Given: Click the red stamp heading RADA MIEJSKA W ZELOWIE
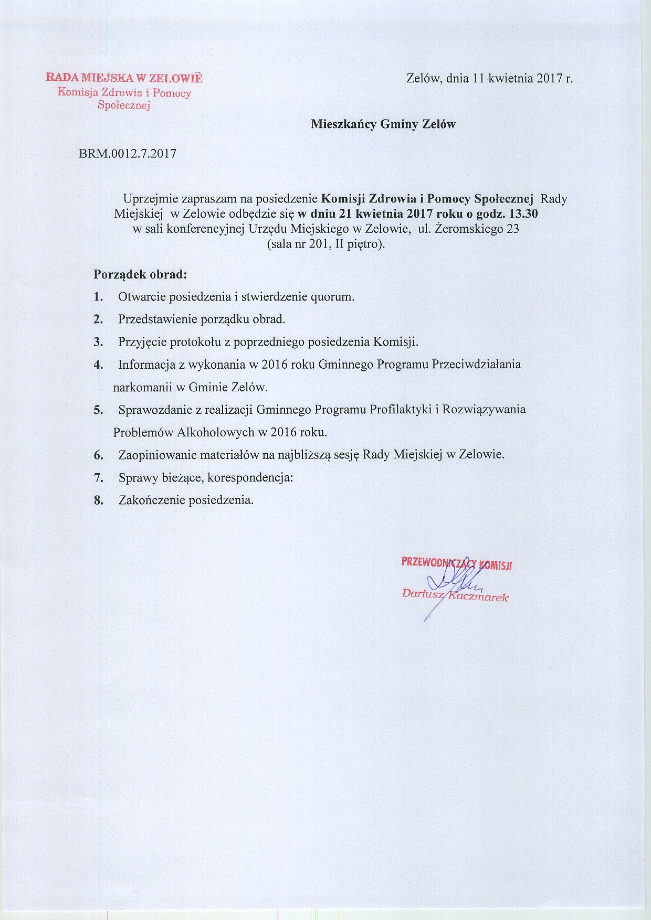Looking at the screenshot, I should tap(124, 78).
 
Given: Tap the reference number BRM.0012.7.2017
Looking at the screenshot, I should tap(128, 154).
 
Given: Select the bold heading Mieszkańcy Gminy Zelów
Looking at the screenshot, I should tap(383, 124).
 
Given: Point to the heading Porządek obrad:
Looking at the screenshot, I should tap(140, 274).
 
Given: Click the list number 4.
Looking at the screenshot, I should tap(98, 365).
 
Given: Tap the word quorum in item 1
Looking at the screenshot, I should tap(332, 297).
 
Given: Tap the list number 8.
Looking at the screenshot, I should tap(98, 500).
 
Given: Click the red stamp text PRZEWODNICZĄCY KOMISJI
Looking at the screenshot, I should tap(457, 563).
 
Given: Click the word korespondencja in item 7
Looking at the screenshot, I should tap(254, 478).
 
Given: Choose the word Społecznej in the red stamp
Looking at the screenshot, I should tap(124, 105).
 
